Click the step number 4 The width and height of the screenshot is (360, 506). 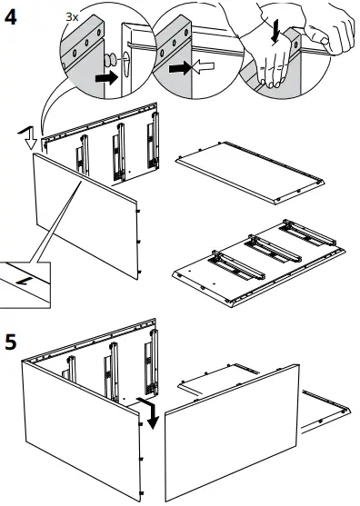pyautogui.click(x=10, y=17)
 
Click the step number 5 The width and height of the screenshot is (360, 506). pyautogui.click(x=11, y=342)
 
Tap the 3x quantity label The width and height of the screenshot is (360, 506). pyautogui.click(x=72, y=16)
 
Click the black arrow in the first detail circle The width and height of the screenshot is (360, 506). pyautogui.click(x=106, y=78)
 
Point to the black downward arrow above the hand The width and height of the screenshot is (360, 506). pyautogui.click(x=275, y=31)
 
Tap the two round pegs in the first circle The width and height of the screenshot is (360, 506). pyautogui.click(x=110, y=60)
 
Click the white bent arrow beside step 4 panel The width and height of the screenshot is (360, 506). pyautogui.click(x=28, y=137)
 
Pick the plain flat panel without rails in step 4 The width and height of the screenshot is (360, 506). pyautogui.click(x=250, y=173)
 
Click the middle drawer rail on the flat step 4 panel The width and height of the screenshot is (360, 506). pyautogui.click(x=273, y=249)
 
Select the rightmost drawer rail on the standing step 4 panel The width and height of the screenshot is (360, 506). pyautogui.click(x=153, y=141)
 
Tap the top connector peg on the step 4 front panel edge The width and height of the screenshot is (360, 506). pyautogui.click(x=138, y=211)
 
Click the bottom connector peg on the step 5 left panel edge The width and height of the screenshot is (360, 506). pyautogui.click(x=141, y=493)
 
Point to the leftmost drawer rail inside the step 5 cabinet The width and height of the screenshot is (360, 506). pyautogui.click(x=70, y=368)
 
